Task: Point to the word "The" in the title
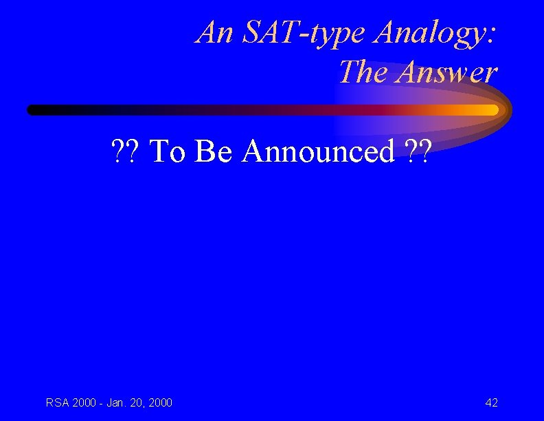coord(364,71)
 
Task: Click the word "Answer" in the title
coord(446,71)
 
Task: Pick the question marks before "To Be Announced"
coord(124,151)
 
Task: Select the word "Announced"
coord(318,151)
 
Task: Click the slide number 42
coord(491,402)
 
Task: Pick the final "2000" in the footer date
coord(160,402)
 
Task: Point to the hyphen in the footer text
coord(100,403)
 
